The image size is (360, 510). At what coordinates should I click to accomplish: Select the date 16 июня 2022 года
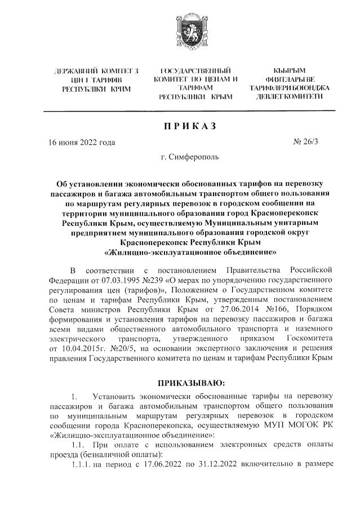tap(82, 142)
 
